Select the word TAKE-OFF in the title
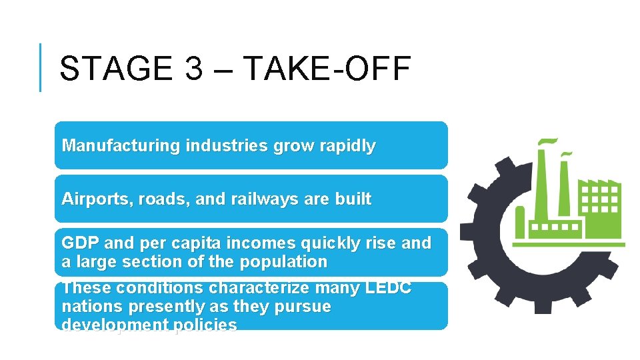327,68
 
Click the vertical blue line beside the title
40,67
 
